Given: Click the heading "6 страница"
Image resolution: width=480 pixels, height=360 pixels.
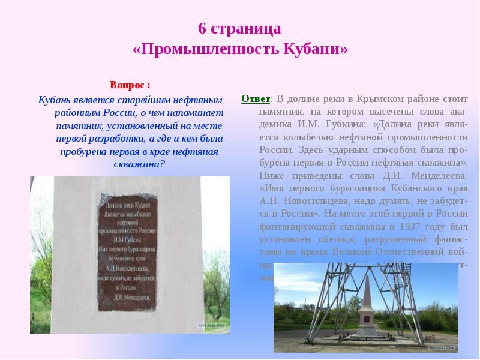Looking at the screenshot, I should point(239,28).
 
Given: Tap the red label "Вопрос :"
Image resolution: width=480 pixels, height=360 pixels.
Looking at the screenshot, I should point(130,85).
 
